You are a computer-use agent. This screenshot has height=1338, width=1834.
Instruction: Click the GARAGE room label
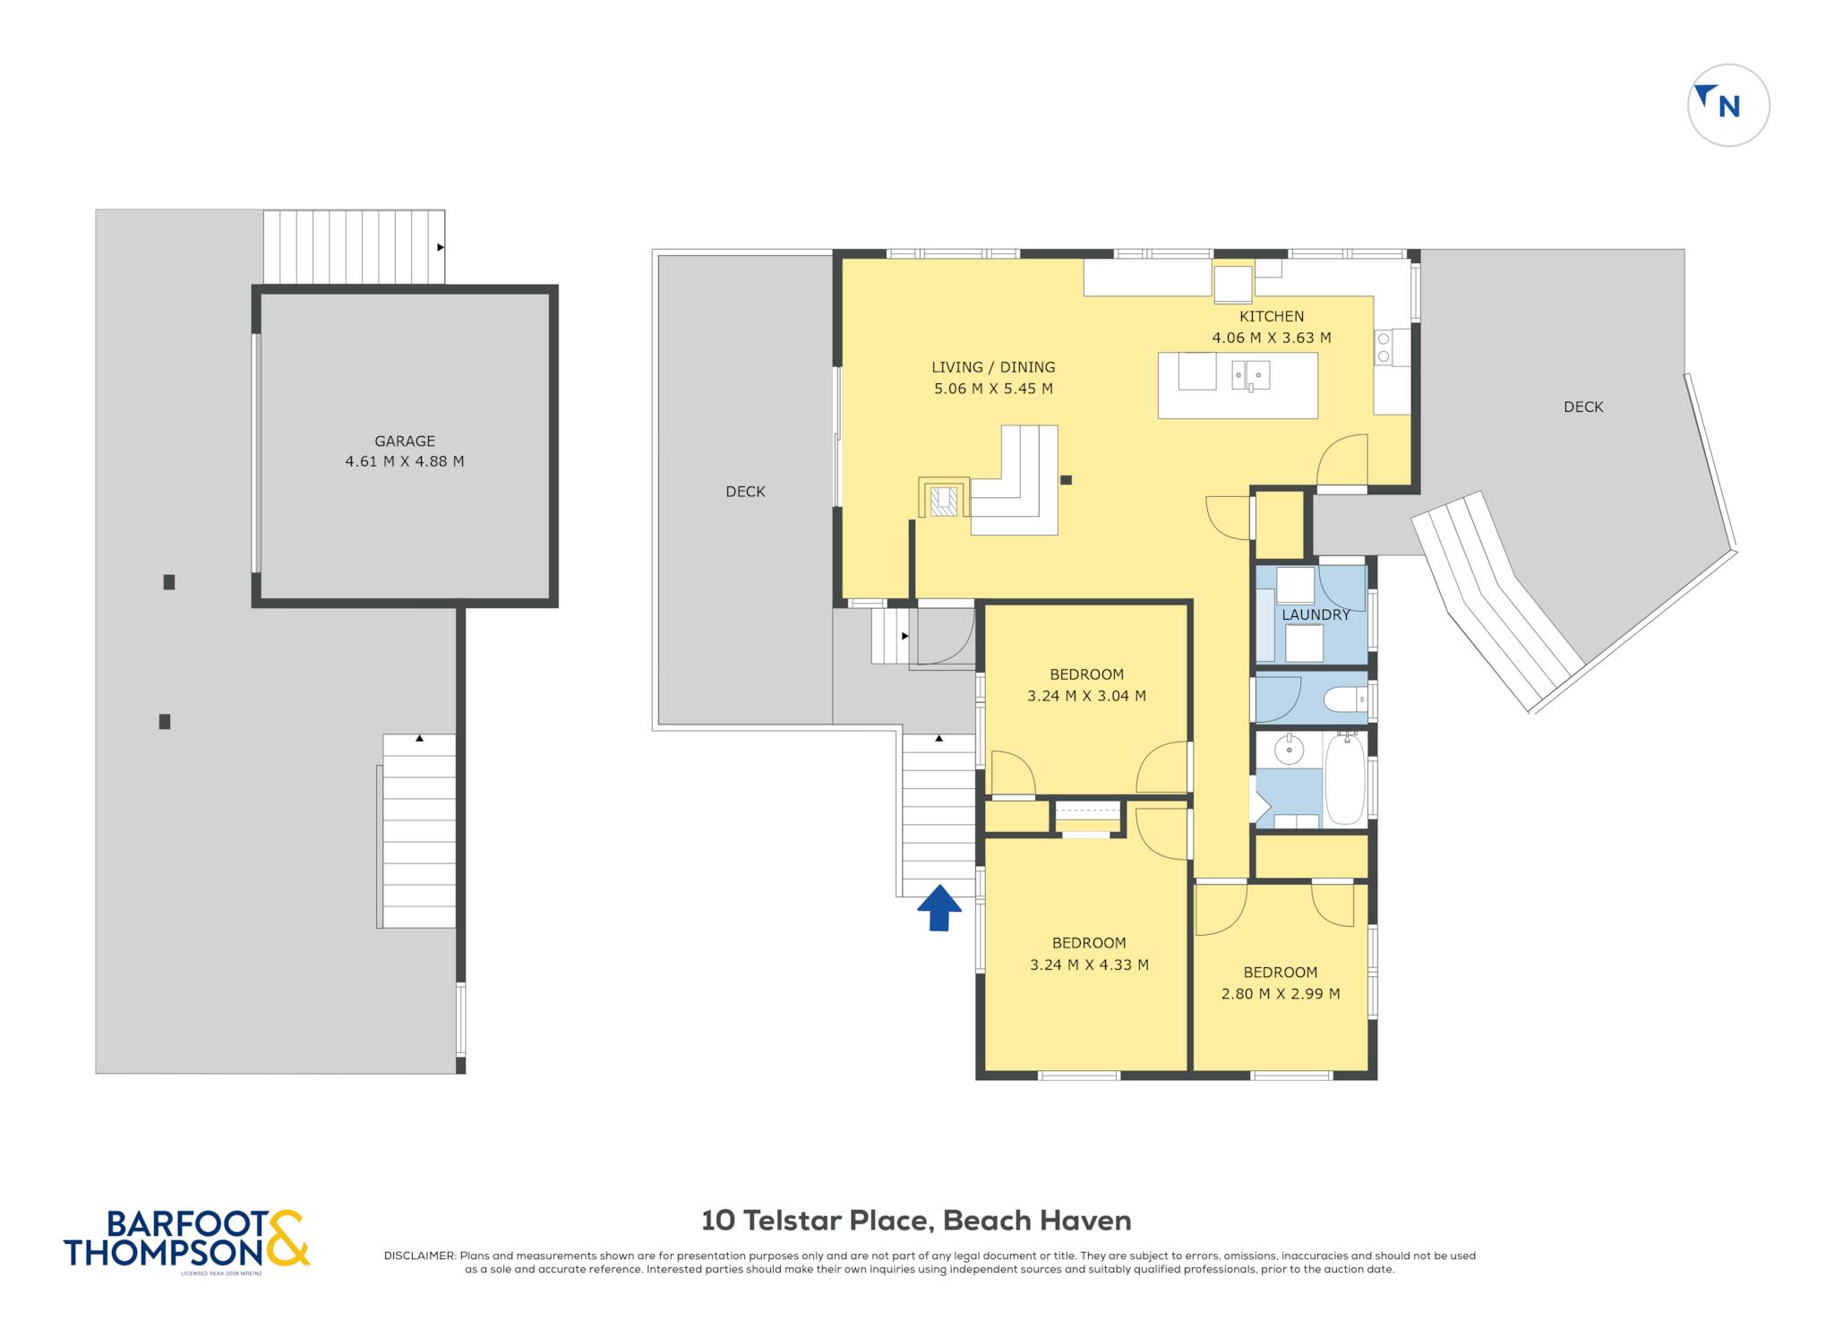pos(405,441)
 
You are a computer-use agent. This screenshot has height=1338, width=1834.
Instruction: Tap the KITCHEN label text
pos(1272,316)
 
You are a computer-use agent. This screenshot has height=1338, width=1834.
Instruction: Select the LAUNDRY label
pos(1316,614)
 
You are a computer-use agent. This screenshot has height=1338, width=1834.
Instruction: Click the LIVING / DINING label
pos(993,367)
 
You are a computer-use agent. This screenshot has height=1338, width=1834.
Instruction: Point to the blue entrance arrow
pos(939,907)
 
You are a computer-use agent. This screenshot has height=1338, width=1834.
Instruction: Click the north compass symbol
pos(1728,105)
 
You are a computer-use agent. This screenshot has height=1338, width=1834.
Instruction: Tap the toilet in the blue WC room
pos(1346,699)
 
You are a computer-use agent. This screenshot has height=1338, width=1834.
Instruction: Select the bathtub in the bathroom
pos(1345,778)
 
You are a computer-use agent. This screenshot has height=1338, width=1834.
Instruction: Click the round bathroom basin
pos(1289,750)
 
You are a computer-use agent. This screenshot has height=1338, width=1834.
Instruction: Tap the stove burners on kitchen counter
pos(1384,347)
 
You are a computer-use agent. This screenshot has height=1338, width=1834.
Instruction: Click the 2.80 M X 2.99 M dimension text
pos(1281,993)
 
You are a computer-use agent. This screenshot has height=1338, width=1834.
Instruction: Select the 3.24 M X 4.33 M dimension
pos(1089,965)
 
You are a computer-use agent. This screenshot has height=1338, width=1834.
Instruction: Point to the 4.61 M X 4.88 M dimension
pos(405,461)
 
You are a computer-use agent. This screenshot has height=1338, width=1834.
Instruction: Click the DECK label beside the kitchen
pos(1583,407)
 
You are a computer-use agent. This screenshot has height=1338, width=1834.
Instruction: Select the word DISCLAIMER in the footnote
pos(419,1256)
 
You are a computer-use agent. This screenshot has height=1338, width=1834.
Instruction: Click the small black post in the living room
pos(1066,480)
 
